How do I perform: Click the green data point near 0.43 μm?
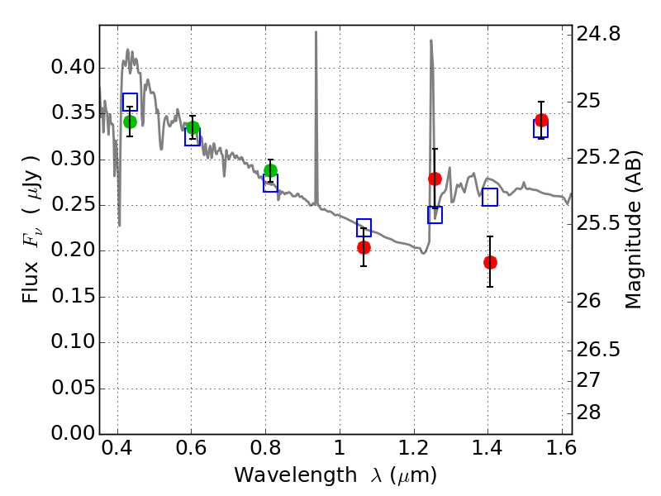pyautogui.click(x=130, y=122)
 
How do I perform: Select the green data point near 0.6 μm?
pyautogui.click(x=193, y=127)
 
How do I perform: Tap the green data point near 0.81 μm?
pyautogui.click(x=270, y=171)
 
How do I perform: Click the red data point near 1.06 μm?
pyautogui.click(x=364, y=247)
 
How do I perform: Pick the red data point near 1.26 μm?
pyautogui.click(x=435, y=179)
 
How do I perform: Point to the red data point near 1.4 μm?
pyautogui.click(x=490, y=262)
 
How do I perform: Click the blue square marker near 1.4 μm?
pyautogui.click(x=490, y=197)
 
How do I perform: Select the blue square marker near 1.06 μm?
pyautogui.click(x=364, y=227)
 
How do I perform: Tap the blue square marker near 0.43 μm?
pyautogui.click(x=130, y=102)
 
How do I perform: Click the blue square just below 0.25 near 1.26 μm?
pyautogui.click(x=435, y=215)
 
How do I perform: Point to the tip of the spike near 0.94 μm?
pyautogui.click(x=316, y=32)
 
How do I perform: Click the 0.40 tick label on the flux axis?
pyautogui.click(x=68, y=68)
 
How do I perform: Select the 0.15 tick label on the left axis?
pyautogui.click(x=68, y=297)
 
